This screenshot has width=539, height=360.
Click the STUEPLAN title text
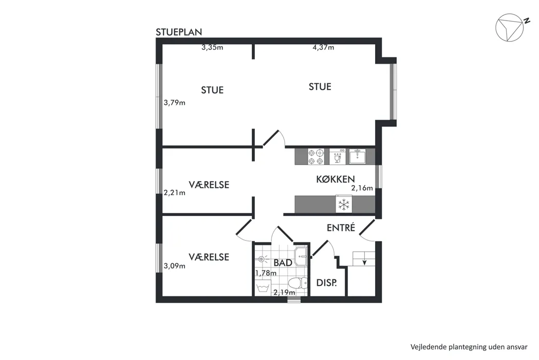[x=179, y=32]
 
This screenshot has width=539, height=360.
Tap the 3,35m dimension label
[x=212, y=47]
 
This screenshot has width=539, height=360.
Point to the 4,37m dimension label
[x=323, y=47]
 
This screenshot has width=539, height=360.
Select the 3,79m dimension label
[x=174, y=102]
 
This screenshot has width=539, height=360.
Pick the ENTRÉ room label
[x=341, y=227]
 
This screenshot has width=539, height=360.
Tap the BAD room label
[x=283, y=263]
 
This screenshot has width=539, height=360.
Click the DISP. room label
[x=327, y=283]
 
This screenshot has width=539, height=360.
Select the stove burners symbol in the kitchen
[x=316, y=156]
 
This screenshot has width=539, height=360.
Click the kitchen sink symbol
[x=358, y=156]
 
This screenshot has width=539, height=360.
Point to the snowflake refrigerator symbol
[x=344, y=205]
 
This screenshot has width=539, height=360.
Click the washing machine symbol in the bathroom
[x=263, y=287]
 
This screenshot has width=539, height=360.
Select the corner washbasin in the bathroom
[x=301, y=256]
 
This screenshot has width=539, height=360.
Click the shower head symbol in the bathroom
[x=262, y=259]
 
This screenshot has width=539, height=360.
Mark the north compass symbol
[x=510, y=28]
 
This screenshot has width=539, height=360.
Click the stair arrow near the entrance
[x=364, y=262]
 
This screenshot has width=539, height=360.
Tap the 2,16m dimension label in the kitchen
[x=362, y=188]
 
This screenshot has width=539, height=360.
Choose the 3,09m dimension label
[x=174, y=266]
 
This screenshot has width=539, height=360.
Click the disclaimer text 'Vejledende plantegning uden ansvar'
[x=469, y=347]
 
